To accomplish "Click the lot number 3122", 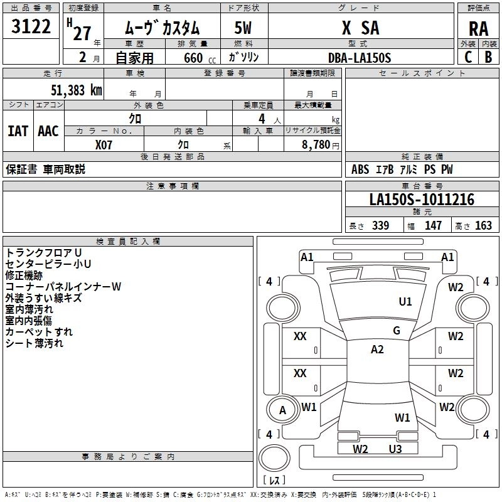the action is point(31,28).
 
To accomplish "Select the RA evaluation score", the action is point(478,29).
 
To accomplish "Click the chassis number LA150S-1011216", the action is point(422,200).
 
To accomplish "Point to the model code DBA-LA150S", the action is point(360,58).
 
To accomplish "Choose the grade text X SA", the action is point(360,28).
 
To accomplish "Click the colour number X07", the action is point(105,144).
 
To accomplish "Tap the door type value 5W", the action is point(243,28).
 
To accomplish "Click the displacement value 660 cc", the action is point(189,58).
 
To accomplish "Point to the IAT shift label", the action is point(18,131).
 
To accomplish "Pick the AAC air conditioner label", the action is point(48,131).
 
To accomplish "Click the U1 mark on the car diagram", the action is point(405,302).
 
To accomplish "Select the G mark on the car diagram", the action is point(397,331).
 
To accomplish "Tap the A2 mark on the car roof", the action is point(377,350).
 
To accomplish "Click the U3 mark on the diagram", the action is point(395,449).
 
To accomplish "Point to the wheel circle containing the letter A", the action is point(282,410).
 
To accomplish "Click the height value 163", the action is point(483,226).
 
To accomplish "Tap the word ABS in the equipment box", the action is point(360,169).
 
